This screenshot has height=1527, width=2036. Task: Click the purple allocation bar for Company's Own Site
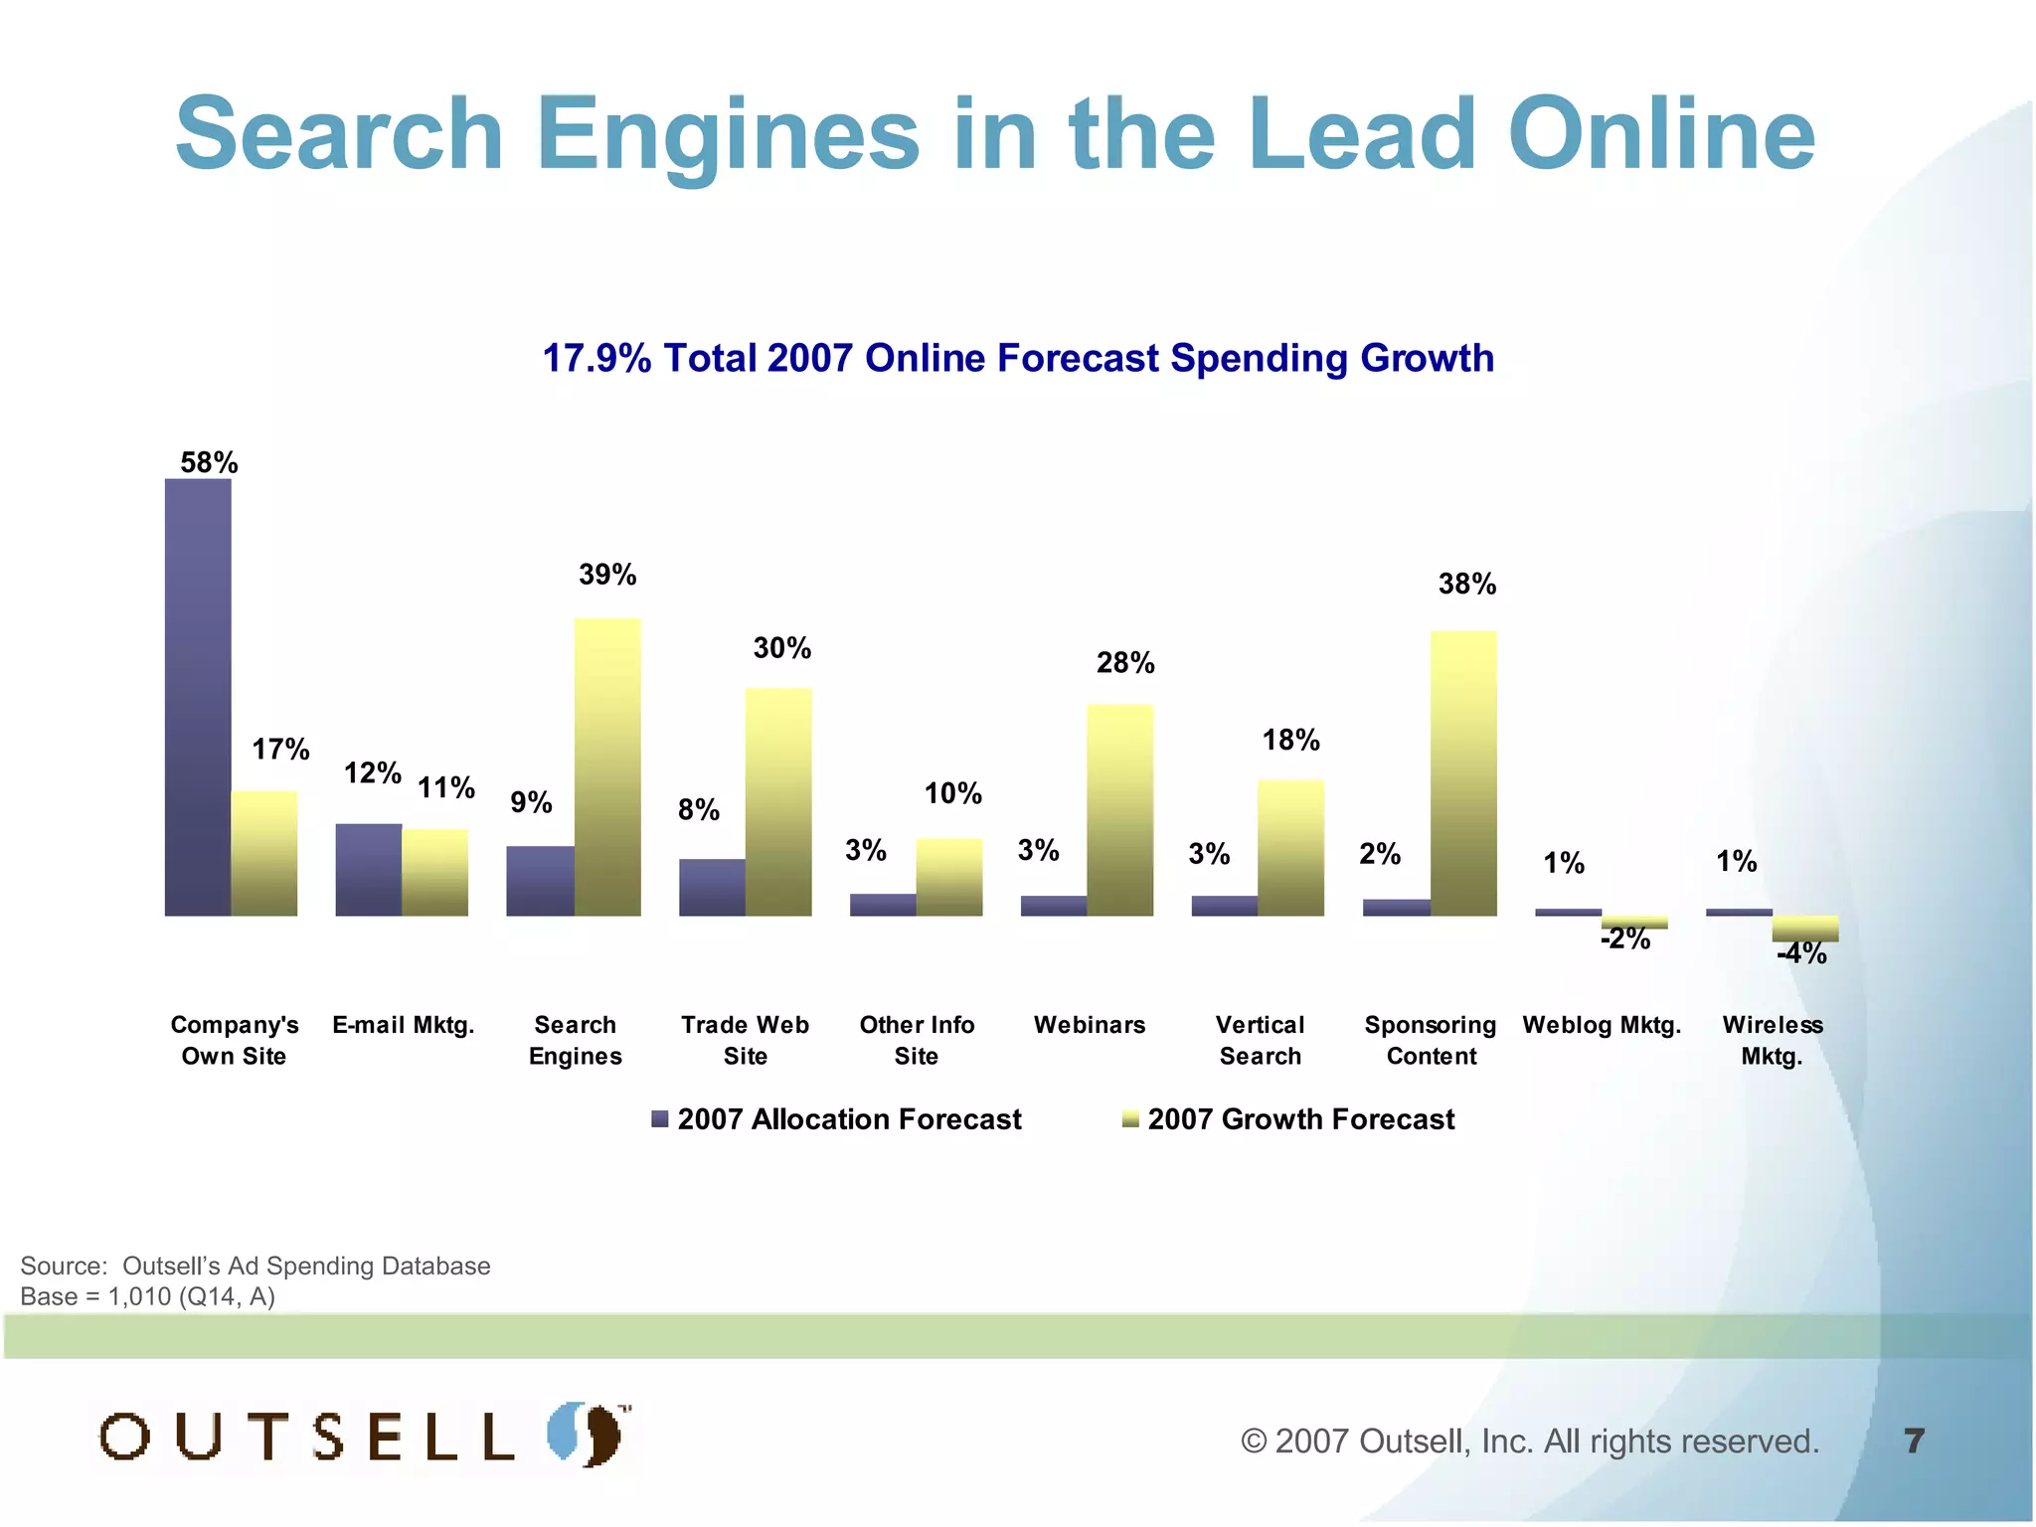[x=198, y=696]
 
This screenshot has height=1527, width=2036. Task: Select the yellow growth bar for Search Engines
[x=607, y=765]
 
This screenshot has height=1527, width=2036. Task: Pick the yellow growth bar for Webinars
[x=1120, y=809]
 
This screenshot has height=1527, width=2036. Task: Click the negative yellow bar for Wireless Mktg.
[x=1805, y=928]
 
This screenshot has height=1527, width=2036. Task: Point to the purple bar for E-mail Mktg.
[x=369, y=869]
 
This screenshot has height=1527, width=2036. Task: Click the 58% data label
[x=209, y=462]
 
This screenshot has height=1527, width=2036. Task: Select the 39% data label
[x=607, y=574]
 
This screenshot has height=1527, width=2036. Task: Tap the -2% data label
[x=1625, y=938]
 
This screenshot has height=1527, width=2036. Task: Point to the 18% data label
[x=1290, y=740]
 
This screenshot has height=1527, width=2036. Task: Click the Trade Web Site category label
[x=745, y=1040]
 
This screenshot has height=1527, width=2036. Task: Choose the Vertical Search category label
[x=1260, y=1040]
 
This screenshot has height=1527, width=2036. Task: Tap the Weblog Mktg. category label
[x=1602, y=1025]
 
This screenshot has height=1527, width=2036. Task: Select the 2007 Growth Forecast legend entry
[x=1288, y=1119]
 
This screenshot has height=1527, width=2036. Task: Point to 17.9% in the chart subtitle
[x=596, y=358]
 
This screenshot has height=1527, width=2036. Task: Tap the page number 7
[x=1914, y=1441]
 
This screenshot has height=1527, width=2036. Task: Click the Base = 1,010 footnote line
[x=147, y=1296]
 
